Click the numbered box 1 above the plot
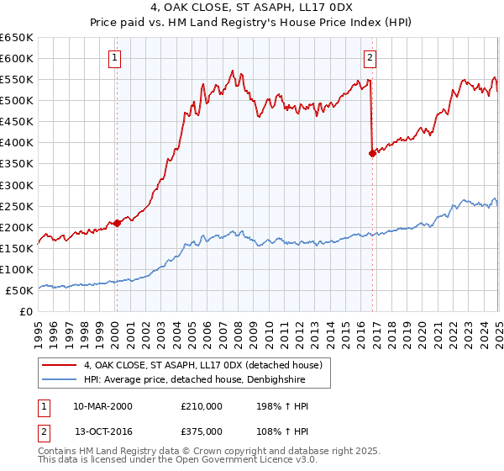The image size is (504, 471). (115, 58)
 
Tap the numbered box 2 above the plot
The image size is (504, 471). (370, 58)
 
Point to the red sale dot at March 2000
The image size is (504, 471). (118, 222)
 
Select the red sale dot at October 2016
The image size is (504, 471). (372, 153)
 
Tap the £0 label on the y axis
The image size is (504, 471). (27, 312)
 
